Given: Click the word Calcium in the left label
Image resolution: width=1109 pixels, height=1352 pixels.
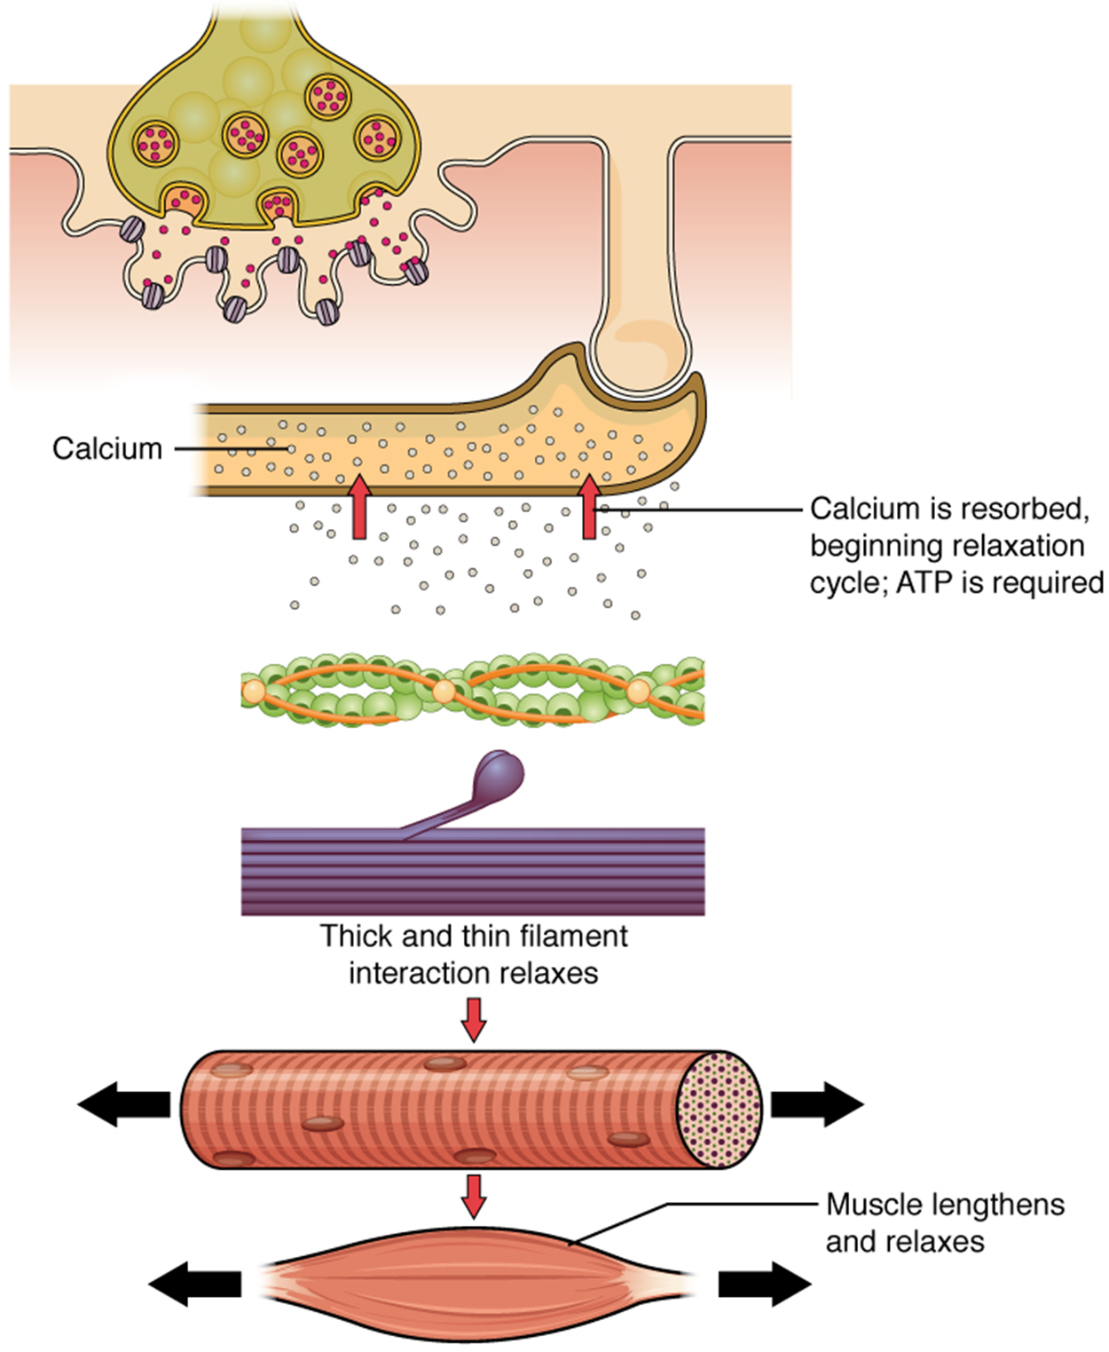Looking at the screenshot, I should pos(107,448).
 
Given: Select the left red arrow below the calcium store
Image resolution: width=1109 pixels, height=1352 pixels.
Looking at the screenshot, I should pos(358,508).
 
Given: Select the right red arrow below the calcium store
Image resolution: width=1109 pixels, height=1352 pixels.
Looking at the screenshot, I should pos(589,508).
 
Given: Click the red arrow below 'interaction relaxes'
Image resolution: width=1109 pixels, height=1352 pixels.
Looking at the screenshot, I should pos(474,1019).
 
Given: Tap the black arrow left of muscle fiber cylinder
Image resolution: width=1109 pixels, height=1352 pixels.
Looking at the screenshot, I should pos(123,1104).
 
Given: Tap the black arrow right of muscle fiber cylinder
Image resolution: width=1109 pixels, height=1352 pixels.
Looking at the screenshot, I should pos(817,1104).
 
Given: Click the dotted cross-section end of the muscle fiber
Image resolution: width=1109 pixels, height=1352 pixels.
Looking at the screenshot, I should pos(720,1110).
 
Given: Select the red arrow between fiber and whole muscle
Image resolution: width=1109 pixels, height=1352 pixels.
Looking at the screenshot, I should pos(474,1196).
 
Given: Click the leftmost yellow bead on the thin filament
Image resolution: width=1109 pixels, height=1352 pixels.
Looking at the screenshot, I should pos(254,689).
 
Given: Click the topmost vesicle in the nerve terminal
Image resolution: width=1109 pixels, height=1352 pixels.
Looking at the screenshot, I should pos(328,96).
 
